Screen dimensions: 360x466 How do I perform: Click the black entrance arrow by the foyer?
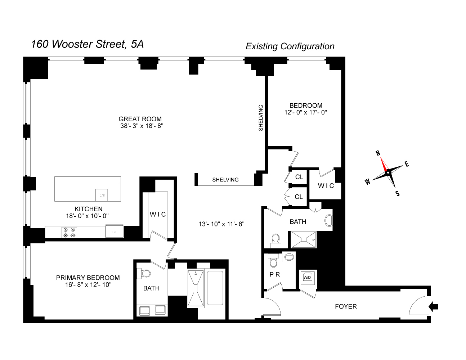click(434, 307)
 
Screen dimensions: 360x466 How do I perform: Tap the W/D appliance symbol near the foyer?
click(307, 278)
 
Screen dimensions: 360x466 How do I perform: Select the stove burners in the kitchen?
click(70, 232)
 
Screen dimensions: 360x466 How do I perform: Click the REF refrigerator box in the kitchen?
click(114, 231)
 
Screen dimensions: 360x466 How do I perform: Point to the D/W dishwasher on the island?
click(102, 195)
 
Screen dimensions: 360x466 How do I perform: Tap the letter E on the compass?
click(407, 164)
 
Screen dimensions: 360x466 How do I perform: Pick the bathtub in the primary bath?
click(215, 288)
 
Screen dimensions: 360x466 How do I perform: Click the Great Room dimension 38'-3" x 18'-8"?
click(142, 126)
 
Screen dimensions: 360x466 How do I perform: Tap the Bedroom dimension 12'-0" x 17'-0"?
click(305, 112)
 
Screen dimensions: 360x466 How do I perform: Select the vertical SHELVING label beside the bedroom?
click(261, 118)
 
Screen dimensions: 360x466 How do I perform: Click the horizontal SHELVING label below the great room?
click(225, 180)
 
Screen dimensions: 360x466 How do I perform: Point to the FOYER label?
click(346, 307)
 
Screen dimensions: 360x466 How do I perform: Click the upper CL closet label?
click(299, 177)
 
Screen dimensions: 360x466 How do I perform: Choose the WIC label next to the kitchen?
click(158, 215)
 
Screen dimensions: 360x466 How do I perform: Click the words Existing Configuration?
click(290, 46)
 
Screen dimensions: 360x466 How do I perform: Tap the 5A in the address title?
click(137, 44)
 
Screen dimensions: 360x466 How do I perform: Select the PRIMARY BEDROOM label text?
click(88, 278)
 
